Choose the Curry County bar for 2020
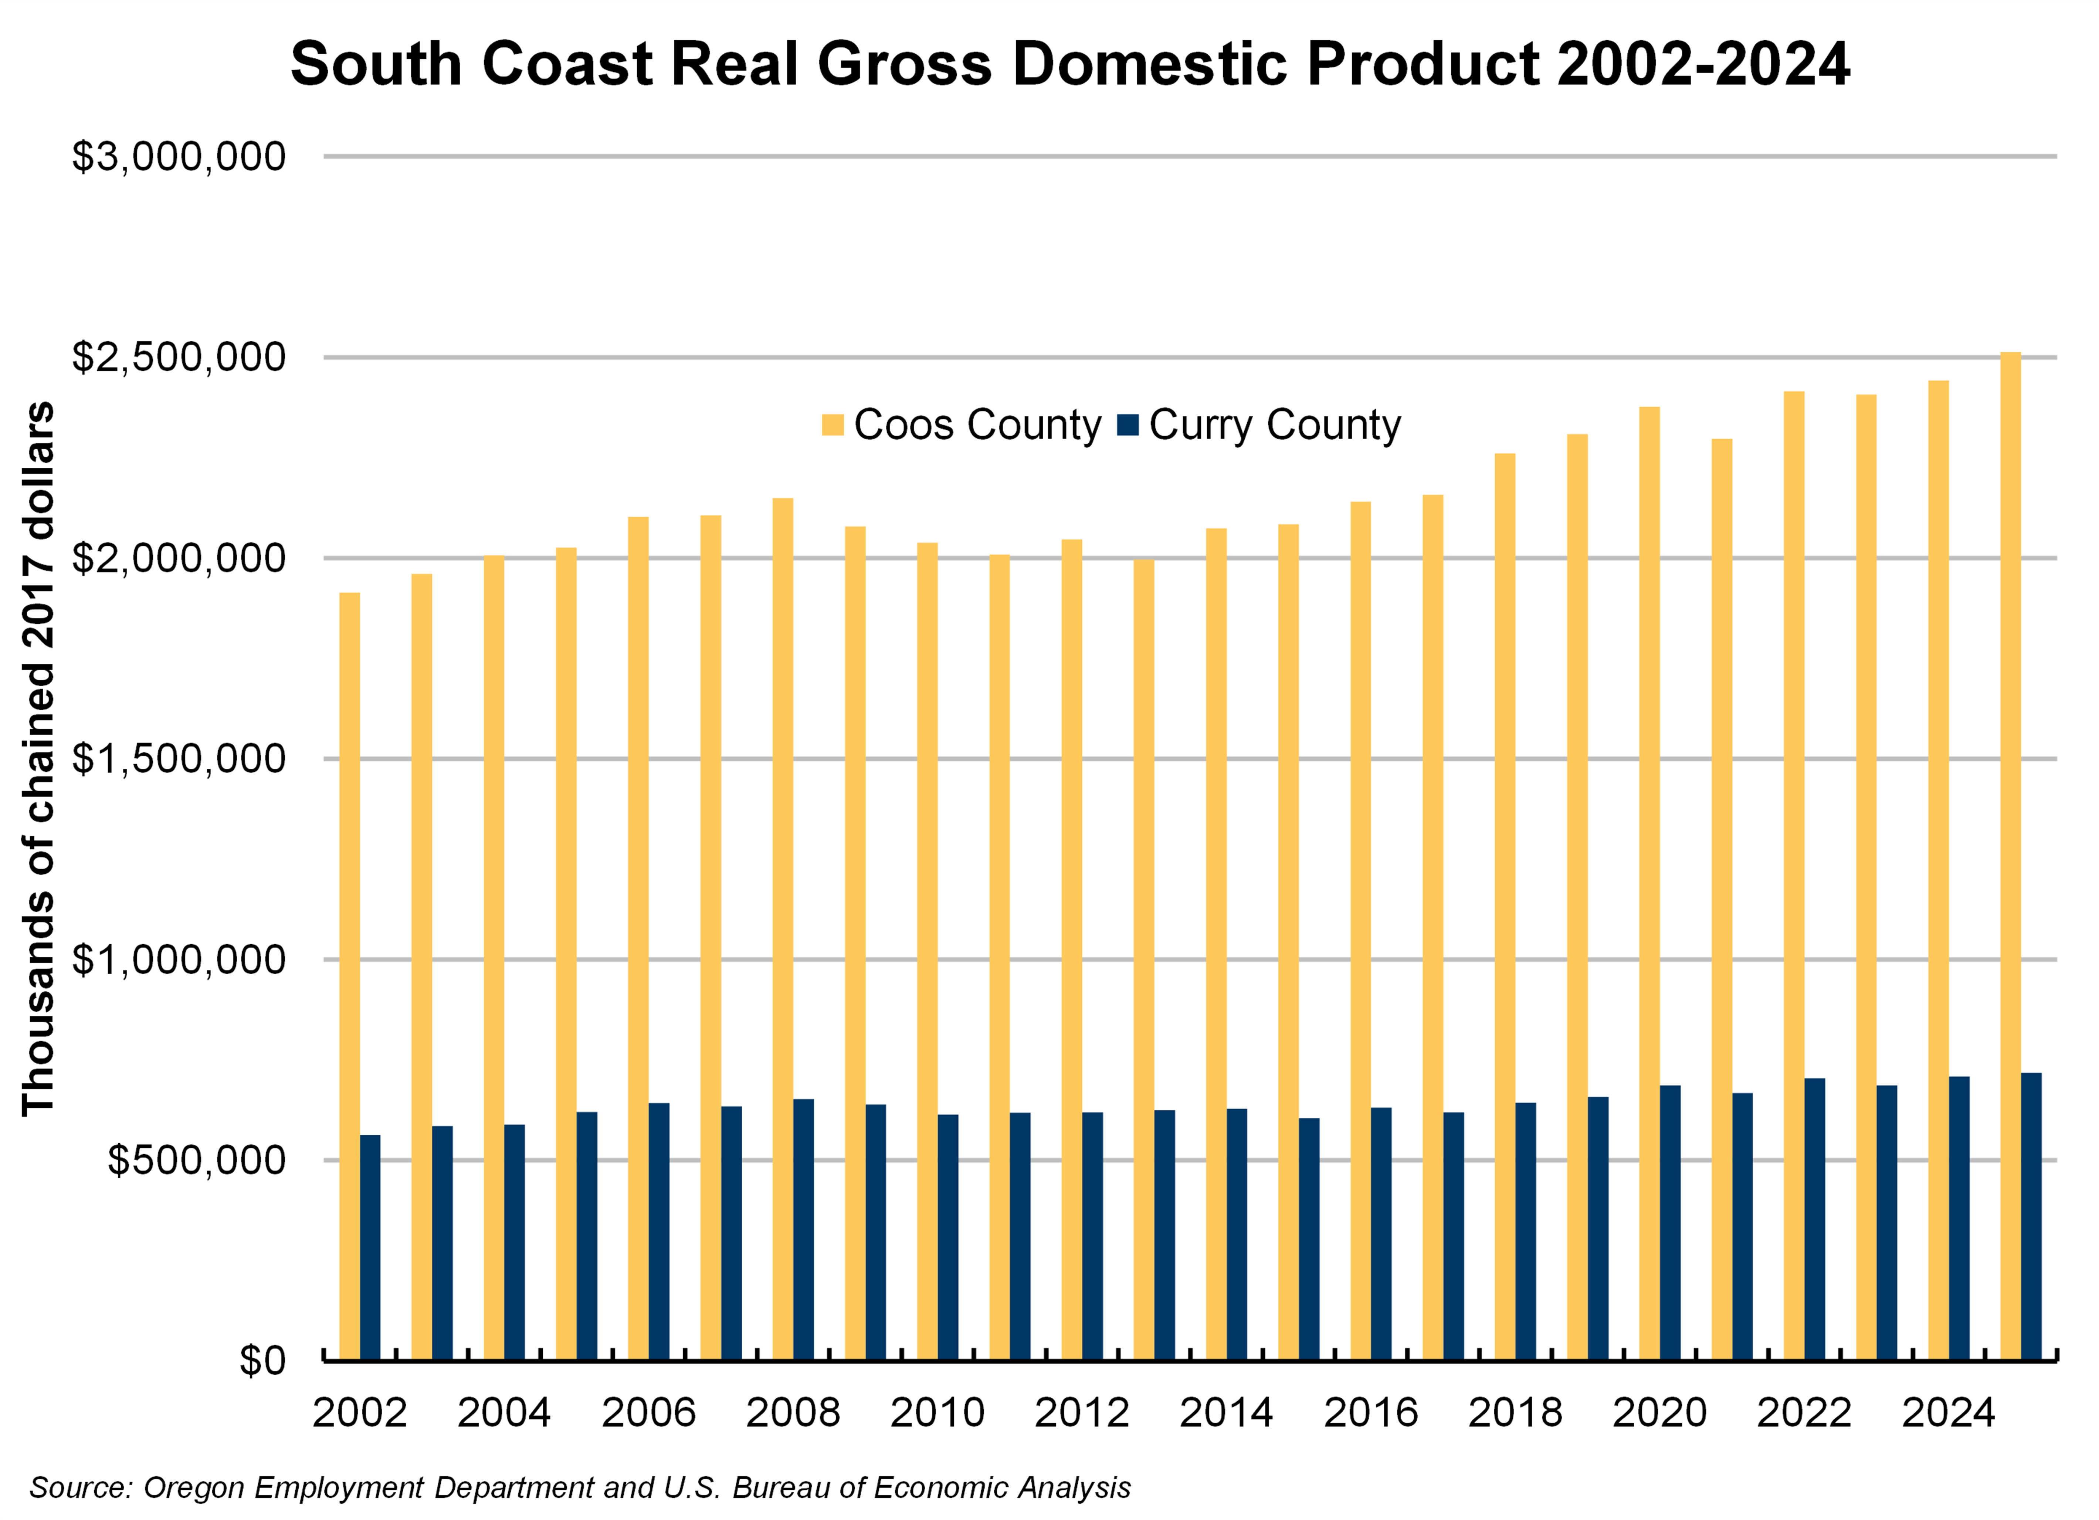pos(1671,1222)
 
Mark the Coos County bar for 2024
pos(1938,870)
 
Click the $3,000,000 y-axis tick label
pos(179,156)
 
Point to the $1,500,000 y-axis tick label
pos(179,759)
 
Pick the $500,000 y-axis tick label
pos(196,1160)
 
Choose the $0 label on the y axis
pos(262,1361)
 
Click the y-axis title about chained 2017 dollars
pos(39,759)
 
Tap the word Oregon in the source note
pos(194,1487)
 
